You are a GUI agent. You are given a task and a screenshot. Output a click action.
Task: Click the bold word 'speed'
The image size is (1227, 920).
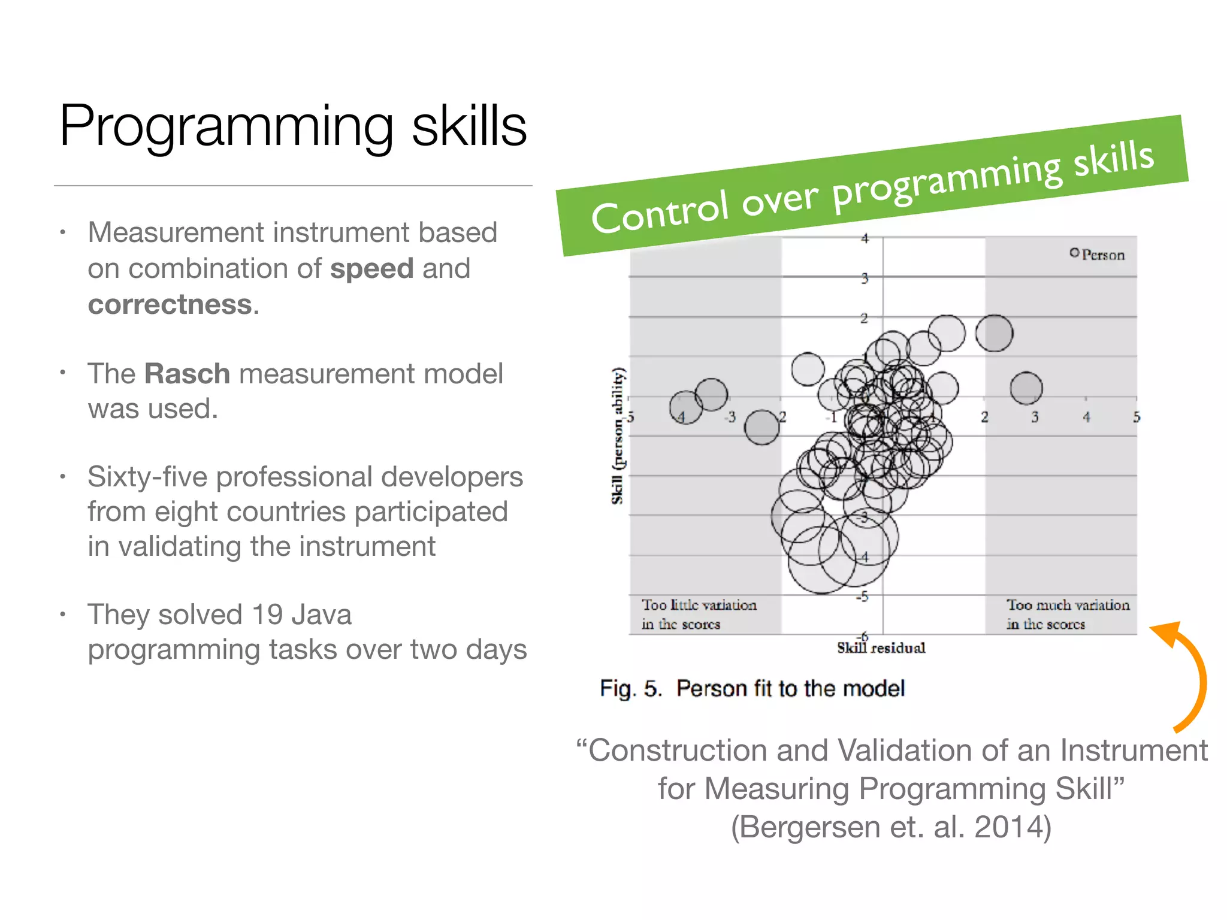(371, 268)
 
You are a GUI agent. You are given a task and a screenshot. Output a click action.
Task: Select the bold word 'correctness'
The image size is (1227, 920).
(170, 304)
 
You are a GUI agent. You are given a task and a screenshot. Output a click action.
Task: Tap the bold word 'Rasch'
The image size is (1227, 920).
(187, 374)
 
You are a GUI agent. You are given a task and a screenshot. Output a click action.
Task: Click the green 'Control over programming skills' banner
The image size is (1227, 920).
(872, 186)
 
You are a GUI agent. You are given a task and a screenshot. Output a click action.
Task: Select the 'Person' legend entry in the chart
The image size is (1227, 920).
(1098, 255)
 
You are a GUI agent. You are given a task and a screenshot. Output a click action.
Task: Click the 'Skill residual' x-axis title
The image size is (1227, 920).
(881, 647)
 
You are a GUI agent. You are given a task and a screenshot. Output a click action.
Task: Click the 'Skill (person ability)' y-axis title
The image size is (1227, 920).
(617, 435)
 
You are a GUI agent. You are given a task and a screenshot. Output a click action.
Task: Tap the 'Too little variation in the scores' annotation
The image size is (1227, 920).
(699, 614)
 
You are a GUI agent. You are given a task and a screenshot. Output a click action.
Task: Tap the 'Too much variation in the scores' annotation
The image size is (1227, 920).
(1067, 614)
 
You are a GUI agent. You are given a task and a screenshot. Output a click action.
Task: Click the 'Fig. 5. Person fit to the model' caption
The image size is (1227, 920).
(752, 689)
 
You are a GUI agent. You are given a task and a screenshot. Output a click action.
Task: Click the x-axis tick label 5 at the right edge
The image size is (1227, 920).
(1136, 417)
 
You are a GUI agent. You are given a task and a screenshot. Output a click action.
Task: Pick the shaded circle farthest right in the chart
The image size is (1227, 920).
(1026, 388)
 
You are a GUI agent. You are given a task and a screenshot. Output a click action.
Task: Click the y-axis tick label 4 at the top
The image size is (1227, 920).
(865, 238)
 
